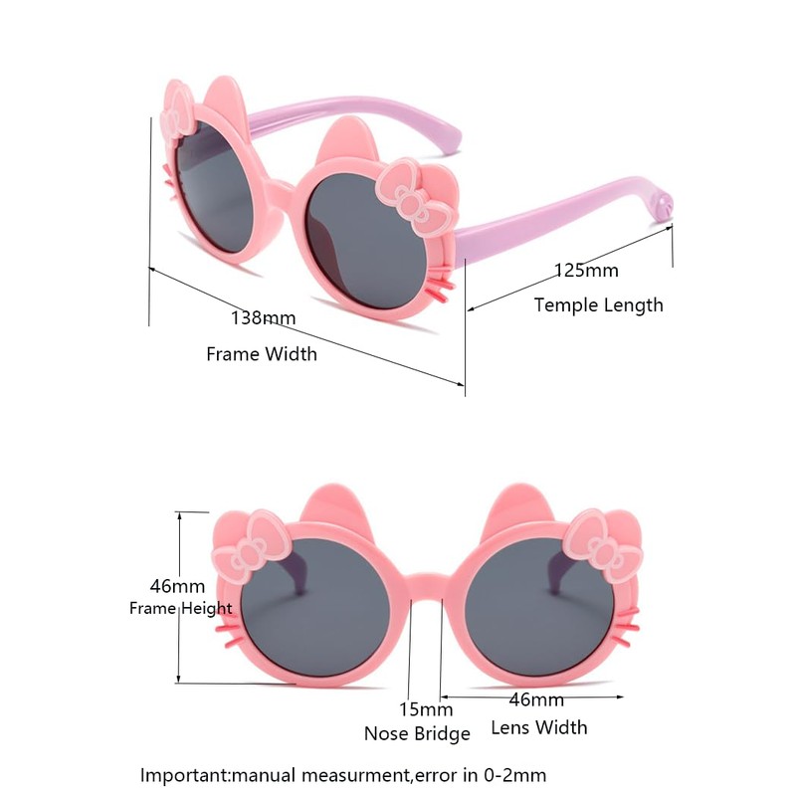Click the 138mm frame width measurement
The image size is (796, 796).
coord(264,318)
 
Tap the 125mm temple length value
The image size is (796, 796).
coord(586,271)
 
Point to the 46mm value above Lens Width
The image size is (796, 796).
coord(536,699)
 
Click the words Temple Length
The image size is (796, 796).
coord(598,304)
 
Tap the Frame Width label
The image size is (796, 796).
coord(262,353)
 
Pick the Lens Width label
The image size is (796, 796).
coord(539,727)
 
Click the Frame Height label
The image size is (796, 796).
coord(181,608)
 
